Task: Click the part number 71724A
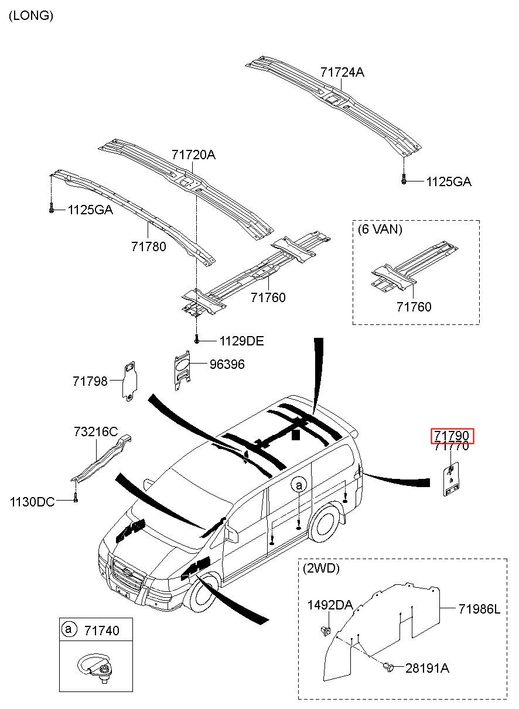[342, 73]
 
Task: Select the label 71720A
[193, 155]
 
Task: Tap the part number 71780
[148, 246]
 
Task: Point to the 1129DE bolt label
[241, 341]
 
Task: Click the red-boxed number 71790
[452, 436]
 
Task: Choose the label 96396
[227, 365]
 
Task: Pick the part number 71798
[90, 381]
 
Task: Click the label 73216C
[95, 431]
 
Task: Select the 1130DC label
[32, 502]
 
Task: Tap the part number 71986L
[479, 609]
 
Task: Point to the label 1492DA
[330, 605]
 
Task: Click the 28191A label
[427, 668]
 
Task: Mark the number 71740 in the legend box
[101, 630]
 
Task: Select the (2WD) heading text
[321, 568]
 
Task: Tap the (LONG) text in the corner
[31, 16]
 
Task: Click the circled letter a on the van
[299, 485]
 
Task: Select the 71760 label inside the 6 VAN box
[414, 307]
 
